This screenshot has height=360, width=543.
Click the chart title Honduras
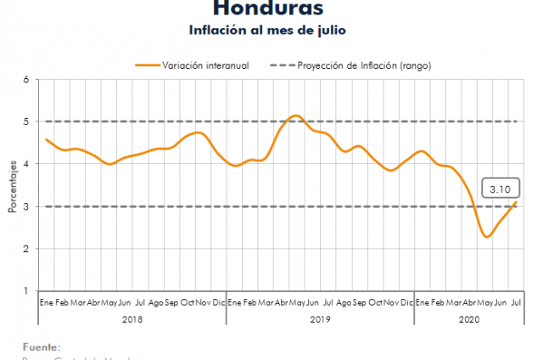[267, 8]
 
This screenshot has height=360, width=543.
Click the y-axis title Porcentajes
[13, 185]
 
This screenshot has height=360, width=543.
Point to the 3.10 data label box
[499, 188]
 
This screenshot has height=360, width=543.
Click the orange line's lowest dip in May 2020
[486, 237]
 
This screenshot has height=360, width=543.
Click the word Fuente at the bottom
[42, 346]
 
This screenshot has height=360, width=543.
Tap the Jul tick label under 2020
[516, 302]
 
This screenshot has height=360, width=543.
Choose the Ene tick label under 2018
[46, 302]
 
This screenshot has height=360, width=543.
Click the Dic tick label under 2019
[406, 302]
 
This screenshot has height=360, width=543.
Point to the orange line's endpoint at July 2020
[517, 201]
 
